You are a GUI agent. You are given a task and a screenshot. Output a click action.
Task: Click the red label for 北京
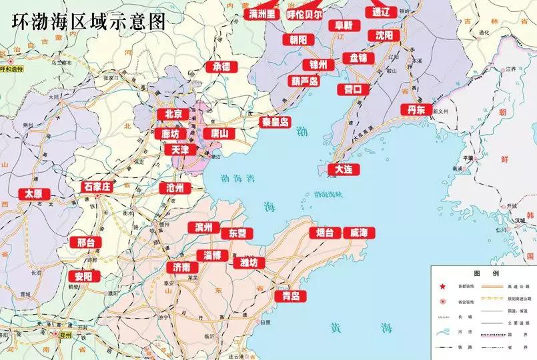point(173,114)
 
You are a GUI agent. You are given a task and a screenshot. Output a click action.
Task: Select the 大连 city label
point(344,169)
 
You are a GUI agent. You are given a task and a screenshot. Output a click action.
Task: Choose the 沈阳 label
point(384,35)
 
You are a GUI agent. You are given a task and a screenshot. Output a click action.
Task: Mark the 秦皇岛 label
point(275,122)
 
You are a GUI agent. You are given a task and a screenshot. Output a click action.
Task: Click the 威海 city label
point(359,233)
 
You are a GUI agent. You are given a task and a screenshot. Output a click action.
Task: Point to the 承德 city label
point(221,67)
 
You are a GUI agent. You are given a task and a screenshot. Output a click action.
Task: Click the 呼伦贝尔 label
point(304,13)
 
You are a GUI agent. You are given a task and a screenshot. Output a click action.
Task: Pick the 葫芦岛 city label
point(305,81)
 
